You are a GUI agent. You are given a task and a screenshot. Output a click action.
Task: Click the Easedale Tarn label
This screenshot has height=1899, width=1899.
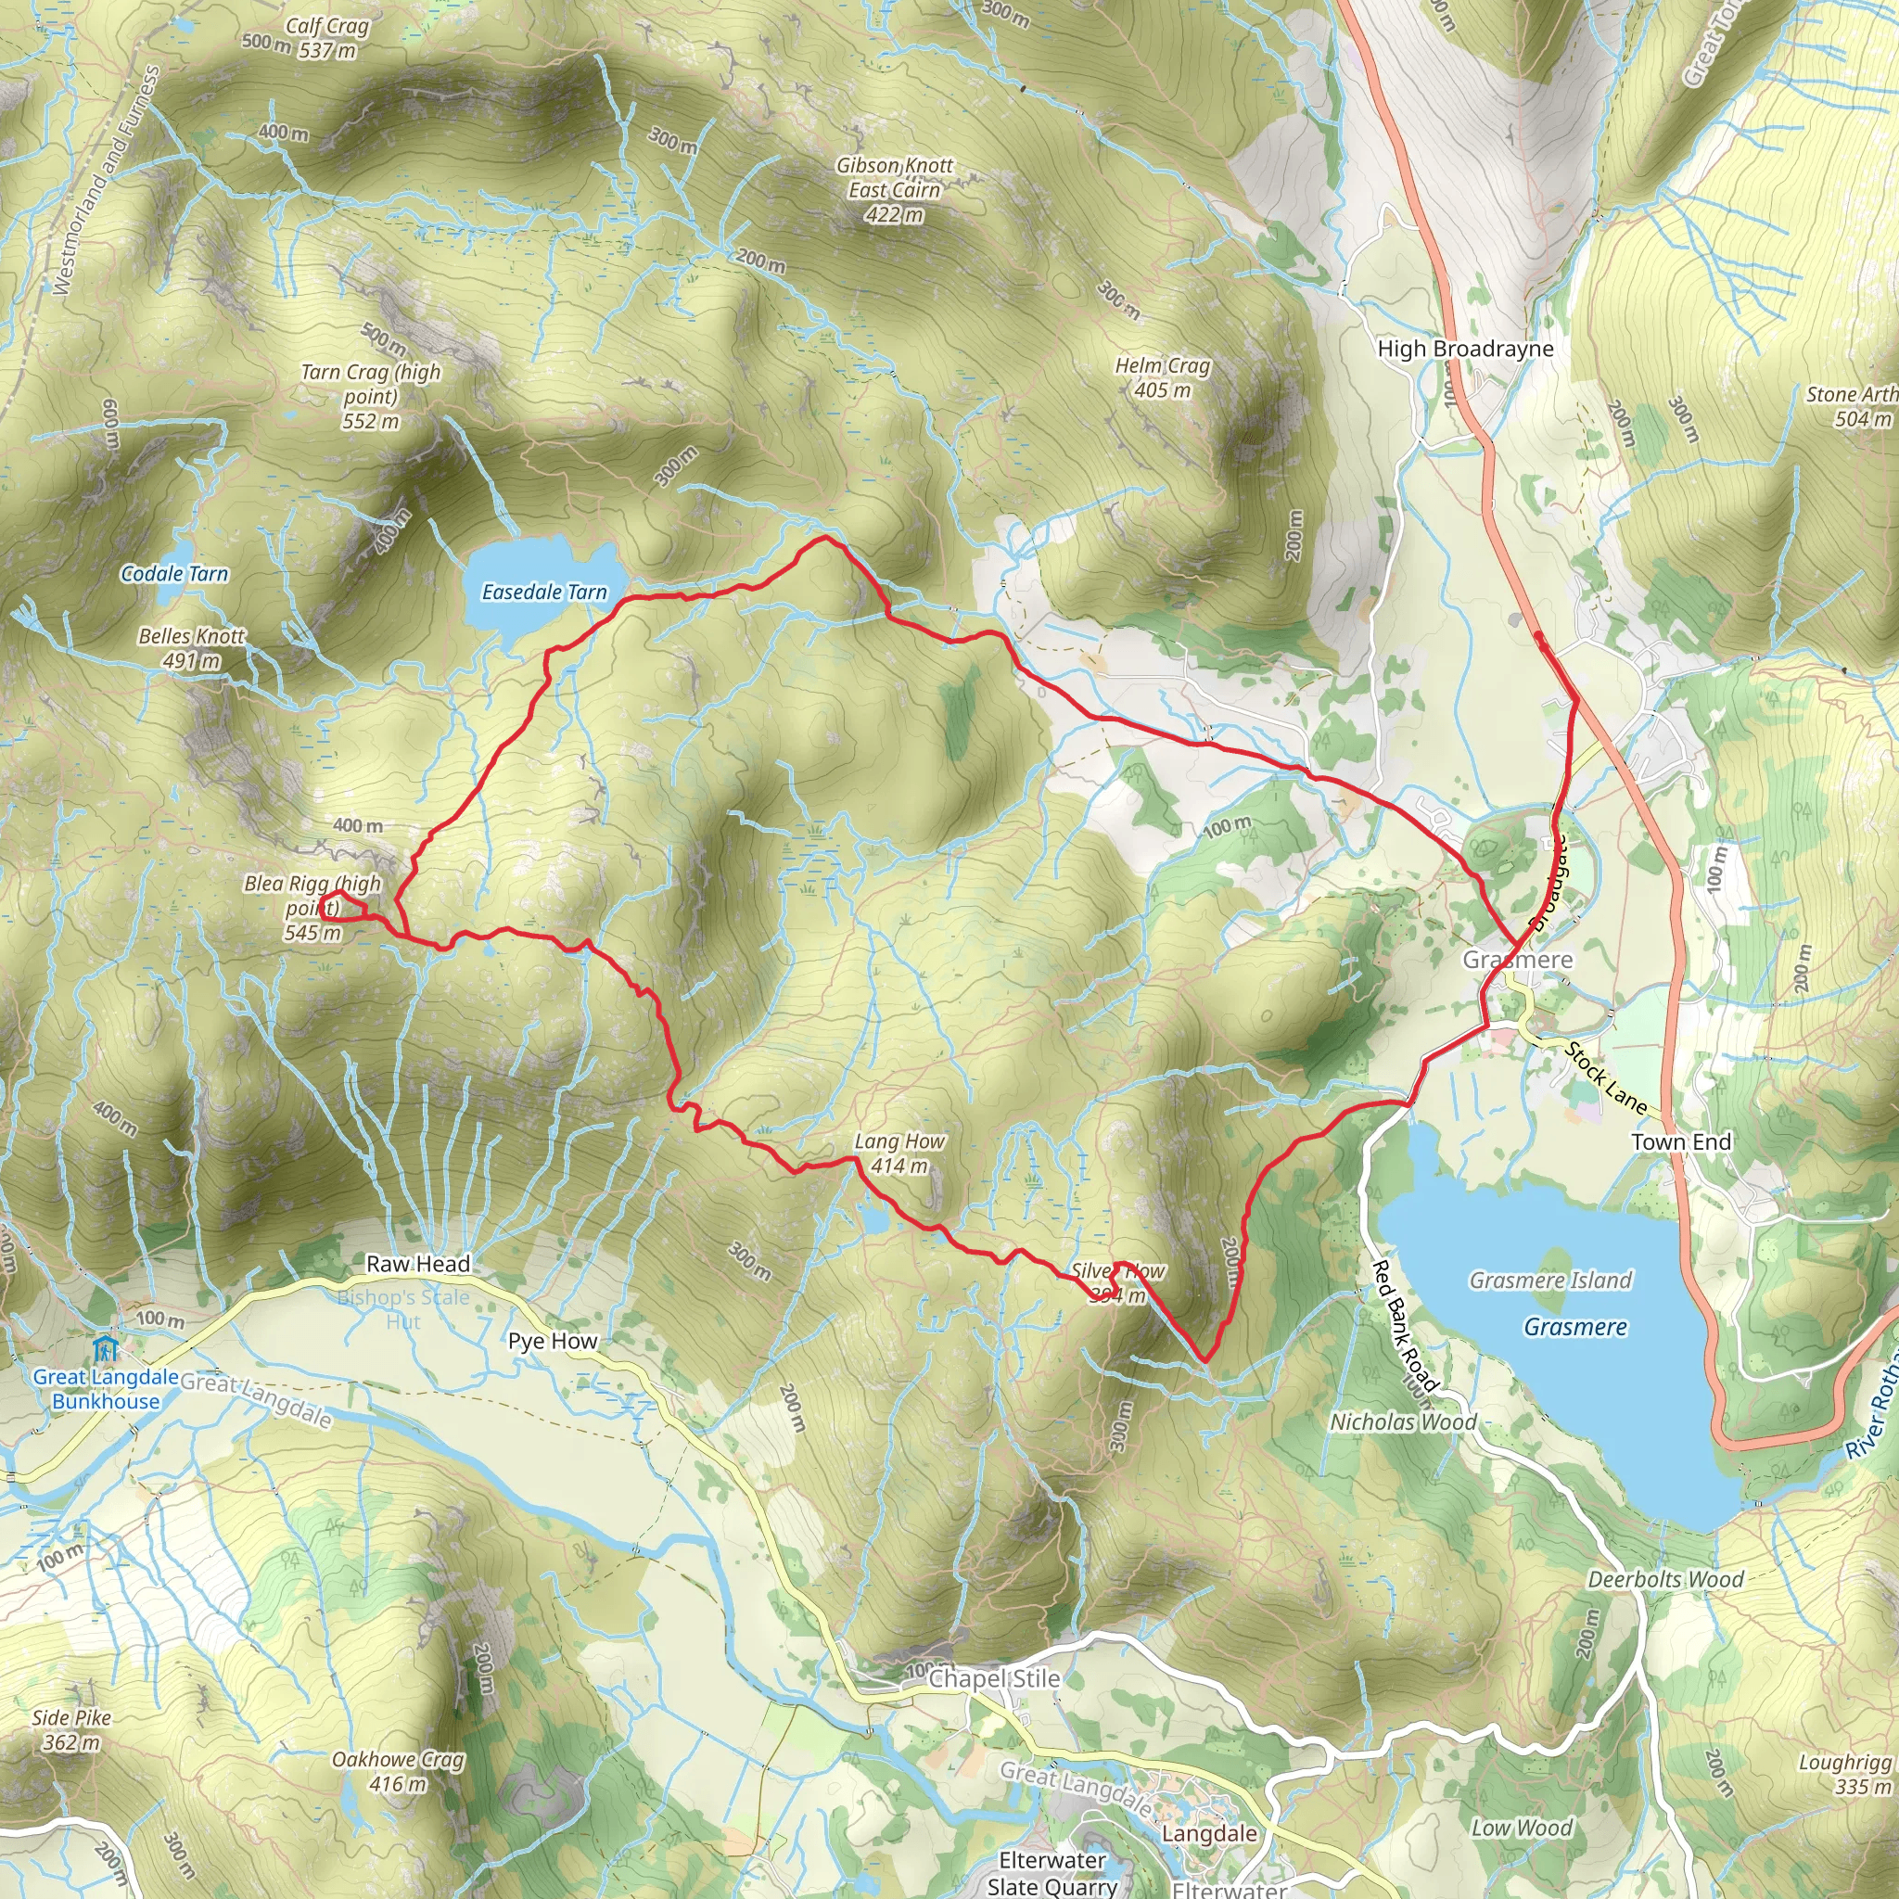point(543,592)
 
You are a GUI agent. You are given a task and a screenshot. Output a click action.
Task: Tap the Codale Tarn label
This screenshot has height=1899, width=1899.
point(174,574)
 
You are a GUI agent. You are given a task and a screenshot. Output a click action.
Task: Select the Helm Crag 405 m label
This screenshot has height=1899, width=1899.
point(1162,378)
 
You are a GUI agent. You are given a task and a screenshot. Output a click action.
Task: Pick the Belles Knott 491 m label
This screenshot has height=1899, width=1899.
point(191,648)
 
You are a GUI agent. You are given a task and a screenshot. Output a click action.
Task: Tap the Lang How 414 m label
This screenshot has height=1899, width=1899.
point(899,1153)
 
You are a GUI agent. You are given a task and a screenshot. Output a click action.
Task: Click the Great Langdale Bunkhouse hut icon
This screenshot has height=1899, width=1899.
point(105,1346)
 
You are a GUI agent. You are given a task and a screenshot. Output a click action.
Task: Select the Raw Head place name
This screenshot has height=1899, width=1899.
point(418,1263)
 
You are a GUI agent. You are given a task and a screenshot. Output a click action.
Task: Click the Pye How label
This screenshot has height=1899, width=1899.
point(553,1341)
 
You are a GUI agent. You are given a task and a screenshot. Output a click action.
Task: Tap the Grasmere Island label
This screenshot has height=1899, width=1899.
point(1550,1280)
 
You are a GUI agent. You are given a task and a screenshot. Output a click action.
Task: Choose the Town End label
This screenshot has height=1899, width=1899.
point(1681,1141)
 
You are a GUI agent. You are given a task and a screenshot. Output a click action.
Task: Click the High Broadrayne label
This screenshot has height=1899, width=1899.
point(1464,348)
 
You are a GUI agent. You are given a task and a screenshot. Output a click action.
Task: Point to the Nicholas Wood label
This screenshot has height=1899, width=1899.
point(1403,1421)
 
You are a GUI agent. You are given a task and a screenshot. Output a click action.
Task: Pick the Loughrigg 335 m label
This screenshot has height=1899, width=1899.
point(1843,1773)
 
